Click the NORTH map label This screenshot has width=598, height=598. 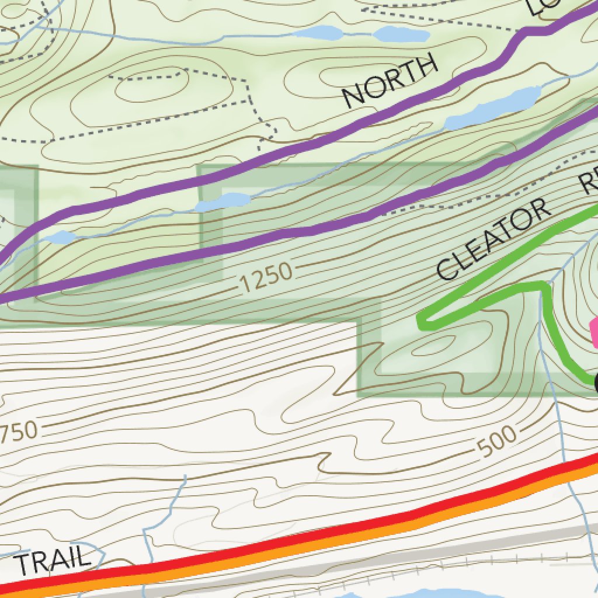pyautogui.click(x=390, y=81)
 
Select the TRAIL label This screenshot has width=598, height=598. pyautogui.click(x=53, y=561)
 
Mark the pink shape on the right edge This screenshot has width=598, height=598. pyautogui.click(x=594, y=333)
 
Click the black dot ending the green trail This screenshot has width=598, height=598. pyautogui.click(x=596, y=383)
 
